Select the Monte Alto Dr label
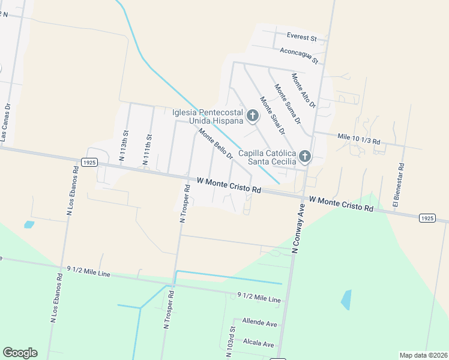tap(303, 91)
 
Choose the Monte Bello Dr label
tap(215, 145)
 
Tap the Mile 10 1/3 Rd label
tap(358, 139)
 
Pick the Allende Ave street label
tap(259, 323)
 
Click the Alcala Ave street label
tap(258, 344)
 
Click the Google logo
tap(20, 352)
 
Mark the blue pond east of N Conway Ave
tap(346, 300)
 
